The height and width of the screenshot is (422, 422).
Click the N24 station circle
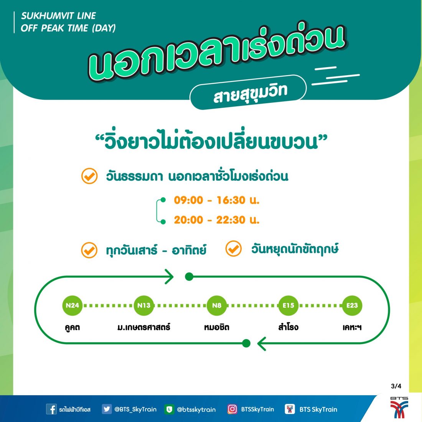click(72, 305)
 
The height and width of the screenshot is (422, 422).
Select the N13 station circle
click(144, 305)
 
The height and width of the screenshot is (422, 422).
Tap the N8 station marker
click(217, 305)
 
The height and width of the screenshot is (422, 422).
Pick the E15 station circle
click(288, 305)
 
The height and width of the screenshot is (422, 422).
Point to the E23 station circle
click(352, 305)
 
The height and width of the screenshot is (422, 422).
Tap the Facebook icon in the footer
click(51, 409)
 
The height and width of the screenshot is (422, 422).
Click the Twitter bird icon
click(107, 409)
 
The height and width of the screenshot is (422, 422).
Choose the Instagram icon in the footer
click(232, 409)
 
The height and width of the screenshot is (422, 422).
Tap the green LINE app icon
click(169, 409)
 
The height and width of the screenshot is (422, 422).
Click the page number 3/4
click(396, 386)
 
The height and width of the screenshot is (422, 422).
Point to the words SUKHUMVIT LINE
click(58, 16)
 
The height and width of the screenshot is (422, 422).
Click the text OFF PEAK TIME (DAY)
click(68, 28)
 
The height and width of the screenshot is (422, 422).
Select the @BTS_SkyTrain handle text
click(135, 409)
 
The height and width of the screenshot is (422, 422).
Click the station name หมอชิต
click(217, 327)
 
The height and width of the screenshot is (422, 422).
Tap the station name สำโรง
click(288, 327)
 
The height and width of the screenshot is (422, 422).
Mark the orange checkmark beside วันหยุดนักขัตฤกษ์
click(233, 249)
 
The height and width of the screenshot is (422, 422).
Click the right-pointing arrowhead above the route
click(169, 276)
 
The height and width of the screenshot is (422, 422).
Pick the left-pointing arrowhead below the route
click(262, 344)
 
